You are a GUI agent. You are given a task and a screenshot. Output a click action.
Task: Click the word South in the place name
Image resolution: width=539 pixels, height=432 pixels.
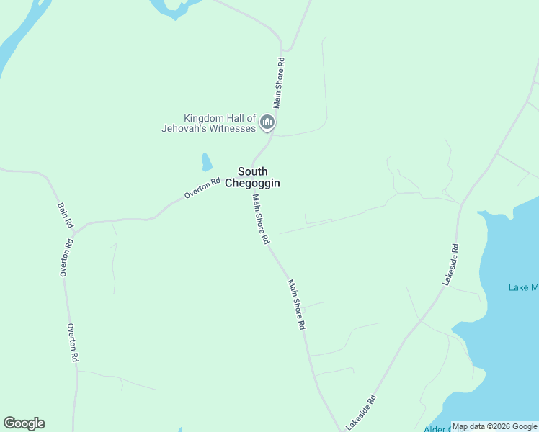point(253,171)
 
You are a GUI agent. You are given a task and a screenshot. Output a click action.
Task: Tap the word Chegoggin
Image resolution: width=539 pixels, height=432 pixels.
point(252,184)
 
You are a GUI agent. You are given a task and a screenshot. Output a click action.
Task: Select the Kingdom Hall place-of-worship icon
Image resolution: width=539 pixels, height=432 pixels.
point(268,123)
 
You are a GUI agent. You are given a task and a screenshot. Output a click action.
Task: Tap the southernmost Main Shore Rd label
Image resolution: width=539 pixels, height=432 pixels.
point(296,305)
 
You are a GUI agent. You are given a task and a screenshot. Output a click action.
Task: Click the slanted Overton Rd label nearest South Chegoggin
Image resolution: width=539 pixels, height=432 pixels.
point(202,189)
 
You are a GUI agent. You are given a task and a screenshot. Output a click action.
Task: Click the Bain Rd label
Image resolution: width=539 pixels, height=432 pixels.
point(65,215)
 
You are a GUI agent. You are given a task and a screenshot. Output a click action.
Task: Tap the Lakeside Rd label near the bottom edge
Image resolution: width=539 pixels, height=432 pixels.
point(361,413)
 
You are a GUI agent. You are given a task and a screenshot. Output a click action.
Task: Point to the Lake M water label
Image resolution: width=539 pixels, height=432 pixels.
point(523,288)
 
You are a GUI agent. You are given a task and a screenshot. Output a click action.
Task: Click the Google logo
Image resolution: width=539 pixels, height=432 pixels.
point(24,423)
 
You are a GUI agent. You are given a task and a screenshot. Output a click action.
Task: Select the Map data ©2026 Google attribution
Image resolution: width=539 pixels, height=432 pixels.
point(494,426)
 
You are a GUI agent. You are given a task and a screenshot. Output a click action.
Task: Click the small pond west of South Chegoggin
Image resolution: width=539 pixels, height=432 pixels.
point(207,161)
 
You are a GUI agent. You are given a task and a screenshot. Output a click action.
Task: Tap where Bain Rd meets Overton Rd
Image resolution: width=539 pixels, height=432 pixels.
point(75,229)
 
